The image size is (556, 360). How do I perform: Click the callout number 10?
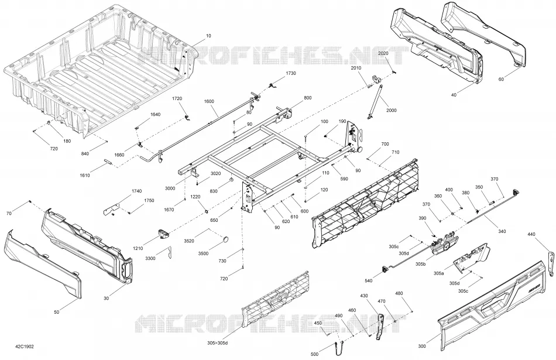click(208, 36)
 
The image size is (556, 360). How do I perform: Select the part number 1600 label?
click(209, 101)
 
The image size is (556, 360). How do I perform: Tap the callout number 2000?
click(392, 110)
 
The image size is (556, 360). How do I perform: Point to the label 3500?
click(203, 253)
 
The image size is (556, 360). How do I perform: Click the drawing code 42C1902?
click(25, 347)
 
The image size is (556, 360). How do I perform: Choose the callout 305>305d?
click(218, 342)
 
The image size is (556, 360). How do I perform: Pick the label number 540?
click(369, 281)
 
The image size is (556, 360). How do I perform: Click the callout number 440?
click(531, 234)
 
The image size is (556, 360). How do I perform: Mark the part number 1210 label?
click(138, 248)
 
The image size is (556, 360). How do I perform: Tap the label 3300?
click(150, 259)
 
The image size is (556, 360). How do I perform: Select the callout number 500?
click(314, 354)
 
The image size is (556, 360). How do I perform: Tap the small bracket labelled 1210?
click(162, 234)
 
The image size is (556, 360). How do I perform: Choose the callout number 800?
click(307, 98)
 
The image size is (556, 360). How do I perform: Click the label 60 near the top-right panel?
click(501, 80)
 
